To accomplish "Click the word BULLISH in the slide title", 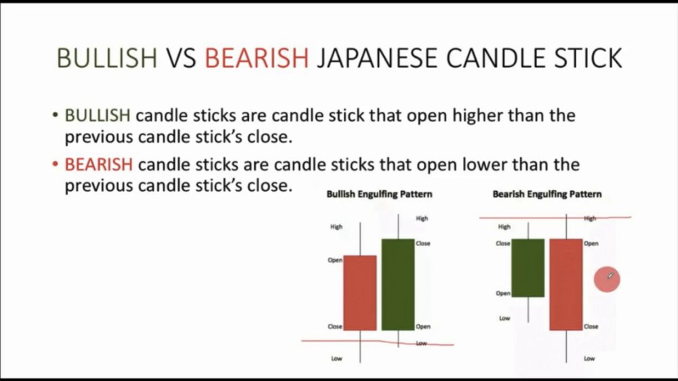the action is [107, 58].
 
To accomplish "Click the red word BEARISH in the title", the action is [256, 58].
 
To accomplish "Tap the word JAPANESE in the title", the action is [376, 58].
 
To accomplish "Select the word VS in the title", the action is [181, 58].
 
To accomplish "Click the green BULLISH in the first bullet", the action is [97, 115].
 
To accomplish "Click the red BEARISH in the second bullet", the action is [98, 164].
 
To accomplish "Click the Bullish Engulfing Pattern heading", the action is [379, 194].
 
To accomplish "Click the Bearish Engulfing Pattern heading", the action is [547, 194].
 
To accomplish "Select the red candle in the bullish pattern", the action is [360, 293].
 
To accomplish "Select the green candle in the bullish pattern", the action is [398, 285].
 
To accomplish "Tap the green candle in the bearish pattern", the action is [528, 268].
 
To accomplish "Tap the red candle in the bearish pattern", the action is [566, 285].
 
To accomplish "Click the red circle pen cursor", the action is [607, 279].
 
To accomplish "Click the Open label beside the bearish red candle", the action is [591, 243].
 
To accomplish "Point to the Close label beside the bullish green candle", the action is [423, 243].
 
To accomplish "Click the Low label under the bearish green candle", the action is [504, 319].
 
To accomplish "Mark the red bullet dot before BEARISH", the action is [55, 164].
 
